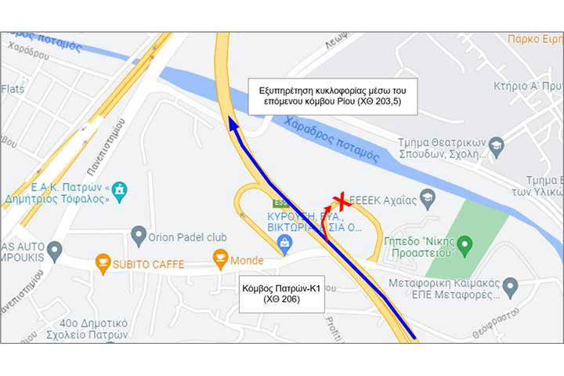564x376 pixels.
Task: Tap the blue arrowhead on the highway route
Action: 231,121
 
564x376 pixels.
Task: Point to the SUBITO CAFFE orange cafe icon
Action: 103,263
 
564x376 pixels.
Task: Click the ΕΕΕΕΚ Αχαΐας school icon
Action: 426,200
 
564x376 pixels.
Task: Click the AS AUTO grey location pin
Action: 54,251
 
